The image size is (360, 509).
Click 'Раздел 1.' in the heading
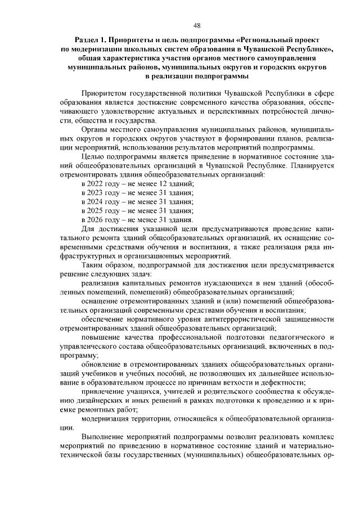point(92,40)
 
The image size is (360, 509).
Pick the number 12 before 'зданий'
point(163,184)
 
